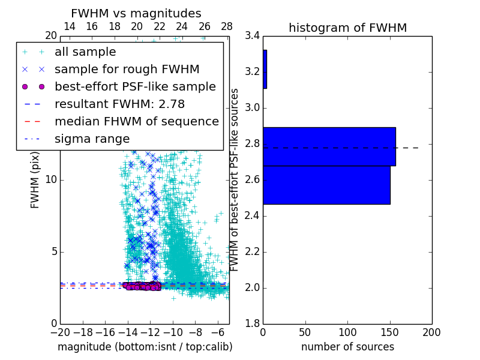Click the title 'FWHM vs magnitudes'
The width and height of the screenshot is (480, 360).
coord(136,13)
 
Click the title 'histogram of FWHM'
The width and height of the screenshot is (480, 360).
coord(347,28)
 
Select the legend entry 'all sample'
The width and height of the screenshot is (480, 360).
coord(85,52)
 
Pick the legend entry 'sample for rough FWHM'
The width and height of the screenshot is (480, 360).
coord(127,70)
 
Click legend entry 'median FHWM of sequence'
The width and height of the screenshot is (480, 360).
coord(136,121)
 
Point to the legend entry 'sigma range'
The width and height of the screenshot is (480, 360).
coord(92,139)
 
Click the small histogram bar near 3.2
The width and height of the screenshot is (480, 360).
coord(265,69)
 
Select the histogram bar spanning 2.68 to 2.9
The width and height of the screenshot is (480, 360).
coord(329,146)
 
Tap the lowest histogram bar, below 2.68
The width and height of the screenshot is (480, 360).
coord(326,185)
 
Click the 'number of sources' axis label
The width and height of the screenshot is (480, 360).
coord(347,347)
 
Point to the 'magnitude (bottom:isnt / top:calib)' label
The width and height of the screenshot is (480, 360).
coord(145,347)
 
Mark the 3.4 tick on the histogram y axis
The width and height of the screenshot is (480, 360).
coord(253,36)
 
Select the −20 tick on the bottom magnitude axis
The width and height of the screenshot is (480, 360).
coord(60,332)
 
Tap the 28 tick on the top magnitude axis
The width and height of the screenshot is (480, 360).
coord(227,26)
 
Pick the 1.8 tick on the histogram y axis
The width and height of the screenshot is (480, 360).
coord(253,323)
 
